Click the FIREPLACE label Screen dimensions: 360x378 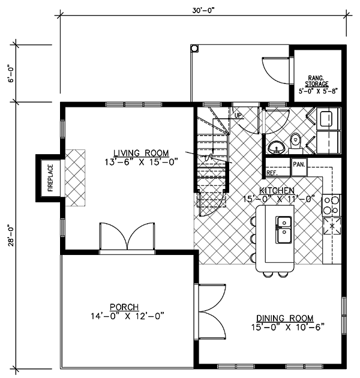[x=50, y=178]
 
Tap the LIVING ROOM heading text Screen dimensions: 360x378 [x=141, y=153]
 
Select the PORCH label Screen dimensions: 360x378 [x=124, y=307]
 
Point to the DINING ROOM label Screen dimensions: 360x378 [x=285, y=318]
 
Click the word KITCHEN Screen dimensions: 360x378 [x=277, y=190]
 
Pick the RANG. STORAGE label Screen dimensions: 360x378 [x=317, y=81]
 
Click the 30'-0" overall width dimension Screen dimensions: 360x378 [x=203, y=11]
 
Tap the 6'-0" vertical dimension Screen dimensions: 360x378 [x=11, y=73]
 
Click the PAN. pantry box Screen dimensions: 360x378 [x=299, y=167]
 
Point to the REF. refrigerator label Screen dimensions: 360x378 [x=272, y=173]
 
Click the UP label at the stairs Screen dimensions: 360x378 [x=238, y=115]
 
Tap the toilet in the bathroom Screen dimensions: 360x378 [x=295, y=142]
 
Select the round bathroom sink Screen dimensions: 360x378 [x=277, y=148]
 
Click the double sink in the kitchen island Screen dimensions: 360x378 [x=284, y=230]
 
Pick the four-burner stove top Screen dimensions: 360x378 [x=331, y=205]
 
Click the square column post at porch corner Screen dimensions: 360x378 [x=194, y=48]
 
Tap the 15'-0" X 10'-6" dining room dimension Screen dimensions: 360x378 [x=287, y=328]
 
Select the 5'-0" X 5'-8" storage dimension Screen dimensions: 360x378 [x=317, y=91]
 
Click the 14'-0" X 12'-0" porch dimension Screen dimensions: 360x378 [x=127, y=316]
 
